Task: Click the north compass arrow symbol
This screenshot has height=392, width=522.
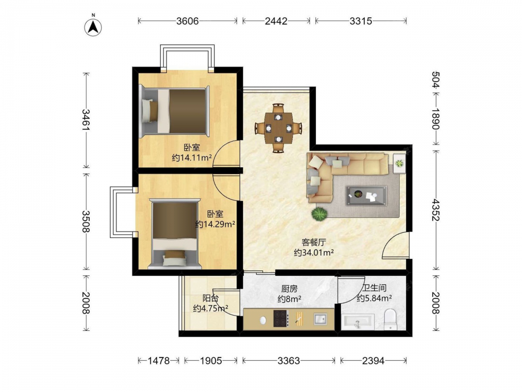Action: pos(93,26)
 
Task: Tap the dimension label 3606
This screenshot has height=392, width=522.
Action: pos(187,21)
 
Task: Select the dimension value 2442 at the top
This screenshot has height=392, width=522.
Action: pos(276,21)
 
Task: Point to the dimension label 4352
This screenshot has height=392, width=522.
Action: pos(435,210)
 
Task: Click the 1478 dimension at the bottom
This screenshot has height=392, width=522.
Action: pos(159,360)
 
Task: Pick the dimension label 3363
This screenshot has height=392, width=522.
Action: pos(289,360)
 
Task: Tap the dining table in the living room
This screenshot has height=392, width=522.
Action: pos(278,128)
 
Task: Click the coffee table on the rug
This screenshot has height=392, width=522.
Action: pos(366,195)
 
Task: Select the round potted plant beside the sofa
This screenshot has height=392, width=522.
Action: pos(319,214)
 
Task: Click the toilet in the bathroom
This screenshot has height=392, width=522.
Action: pos(390,319)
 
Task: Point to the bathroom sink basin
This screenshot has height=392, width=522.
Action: pos(358,321)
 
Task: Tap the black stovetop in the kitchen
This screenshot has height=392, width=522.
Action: pos(280,318)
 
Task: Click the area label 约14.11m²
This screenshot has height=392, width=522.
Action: pos(192,157)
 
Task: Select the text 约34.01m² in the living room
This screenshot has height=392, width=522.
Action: pos(314,252)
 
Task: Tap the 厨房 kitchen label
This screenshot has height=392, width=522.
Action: pos(289,289)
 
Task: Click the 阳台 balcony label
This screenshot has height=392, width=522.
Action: pos(210,298)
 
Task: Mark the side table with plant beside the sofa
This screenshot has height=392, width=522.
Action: pos(399,163)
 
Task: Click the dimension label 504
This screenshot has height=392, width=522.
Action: pos(435,80)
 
